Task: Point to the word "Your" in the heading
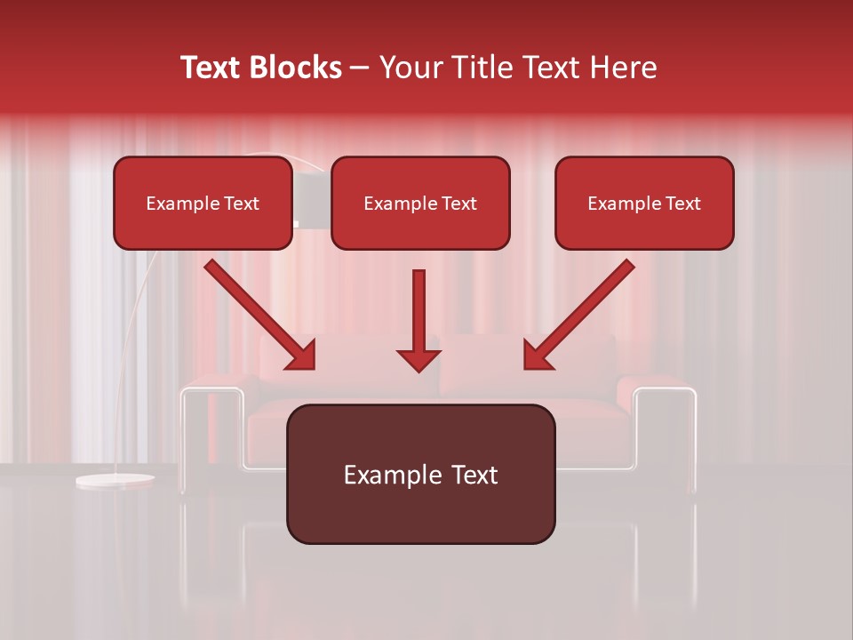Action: [x=407, y=68]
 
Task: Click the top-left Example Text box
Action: [x=203, y=203]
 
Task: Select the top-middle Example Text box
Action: [x=420, y=203]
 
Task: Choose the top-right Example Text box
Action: [x=644, y=203]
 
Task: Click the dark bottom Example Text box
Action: [x=420, y=474]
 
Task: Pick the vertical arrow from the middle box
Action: [x=419, y=311]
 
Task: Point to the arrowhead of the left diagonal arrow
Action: [x=302, y=355]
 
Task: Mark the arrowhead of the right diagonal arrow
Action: [x=538, y=355]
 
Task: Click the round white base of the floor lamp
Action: [x=114, y=481]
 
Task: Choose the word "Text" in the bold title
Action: [x=213, y=68]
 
